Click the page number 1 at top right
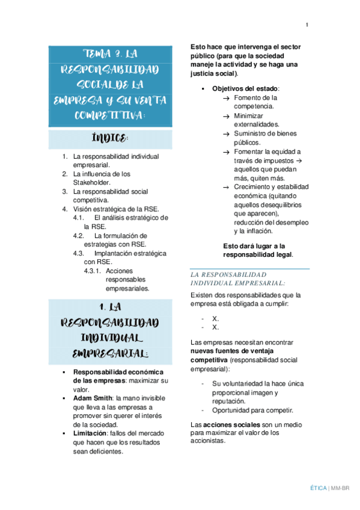[x=307, y=25]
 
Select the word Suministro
[x=252, y=134]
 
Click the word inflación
[x=259, y=231]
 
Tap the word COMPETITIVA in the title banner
[x=109, y=114]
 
